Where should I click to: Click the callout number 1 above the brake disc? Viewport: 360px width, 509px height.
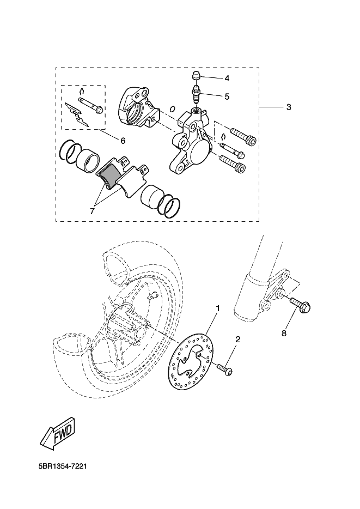click(x=218, y=308)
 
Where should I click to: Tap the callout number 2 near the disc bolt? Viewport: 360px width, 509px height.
click(x=237, y=340)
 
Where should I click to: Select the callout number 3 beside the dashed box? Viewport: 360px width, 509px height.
click(x=289, y=107)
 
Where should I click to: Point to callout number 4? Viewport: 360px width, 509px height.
click(x=227, y=78)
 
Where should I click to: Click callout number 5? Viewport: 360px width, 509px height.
click(x=227, y=96)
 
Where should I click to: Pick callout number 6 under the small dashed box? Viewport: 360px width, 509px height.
click(x=123, y=141)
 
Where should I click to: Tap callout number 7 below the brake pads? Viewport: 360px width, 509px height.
click(x=92, y=211)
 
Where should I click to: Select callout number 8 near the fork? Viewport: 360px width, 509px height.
click(x=284, y=334)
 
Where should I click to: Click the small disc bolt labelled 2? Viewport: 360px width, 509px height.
click(x=225, y=370)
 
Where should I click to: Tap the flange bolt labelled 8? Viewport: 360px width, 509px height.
click(x=300, y=305)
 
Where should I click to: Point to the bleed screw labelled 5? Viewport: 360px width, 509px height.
click(x=197, y=93)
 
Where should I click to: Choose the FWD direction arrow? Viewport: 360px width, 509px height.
click(x=58, y=434)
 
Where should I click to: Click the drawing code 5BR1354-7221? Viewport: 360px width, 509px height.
click(x=63, y=466)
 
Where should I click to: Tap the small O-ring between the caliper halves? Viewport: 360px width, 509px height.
click(x=173, y=108)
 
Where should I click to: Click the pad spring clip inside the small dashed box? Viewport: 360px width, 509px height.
click(x=77, y=113)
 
